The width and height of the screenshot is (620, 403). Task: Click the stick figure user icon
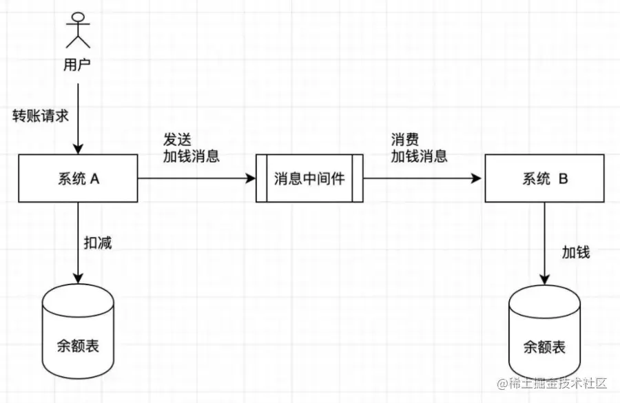[77, 32]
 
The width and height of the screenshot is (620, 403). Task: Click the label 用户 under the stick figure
[77, 65]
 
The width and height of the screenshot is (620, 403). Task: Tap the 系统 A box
[77, 178]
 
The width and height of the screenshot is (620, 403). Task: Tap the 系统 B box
[544, 178]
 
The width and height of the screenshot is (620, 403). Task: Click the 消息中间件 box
[309, 178]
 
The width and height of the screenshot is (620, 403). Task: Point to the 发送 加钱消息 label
[191, 147]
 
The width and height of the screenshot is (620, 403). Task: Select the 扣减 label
[99, 242]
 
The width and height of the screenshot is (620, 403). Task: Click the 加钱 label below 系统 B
[576, 252]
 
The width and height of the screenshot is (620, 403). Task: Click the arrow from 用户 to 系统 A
[77, 117]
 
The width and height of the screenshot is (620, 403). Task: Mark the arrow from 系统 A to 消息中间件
[196, 178]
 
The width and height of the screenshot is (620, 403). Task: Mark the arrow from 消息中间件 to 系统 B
[422, 178]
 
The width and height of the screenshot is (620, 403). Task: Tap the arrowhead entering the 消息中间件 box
[251, 178]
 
